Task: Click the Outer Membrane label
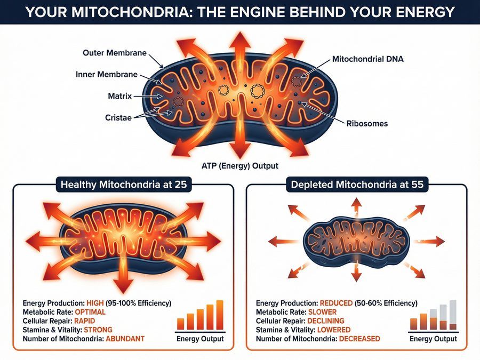(x=114, y=53)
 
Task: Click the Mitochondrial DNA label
(x=367, y=59)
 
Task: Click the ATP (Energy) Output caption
(x=239, y=166)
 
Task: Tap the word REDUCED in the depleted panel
(x=336, y=303)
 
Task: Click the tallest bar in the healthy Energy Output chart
(x=219, y=315)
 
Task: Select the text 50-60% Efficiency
(x=386, y=303)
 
